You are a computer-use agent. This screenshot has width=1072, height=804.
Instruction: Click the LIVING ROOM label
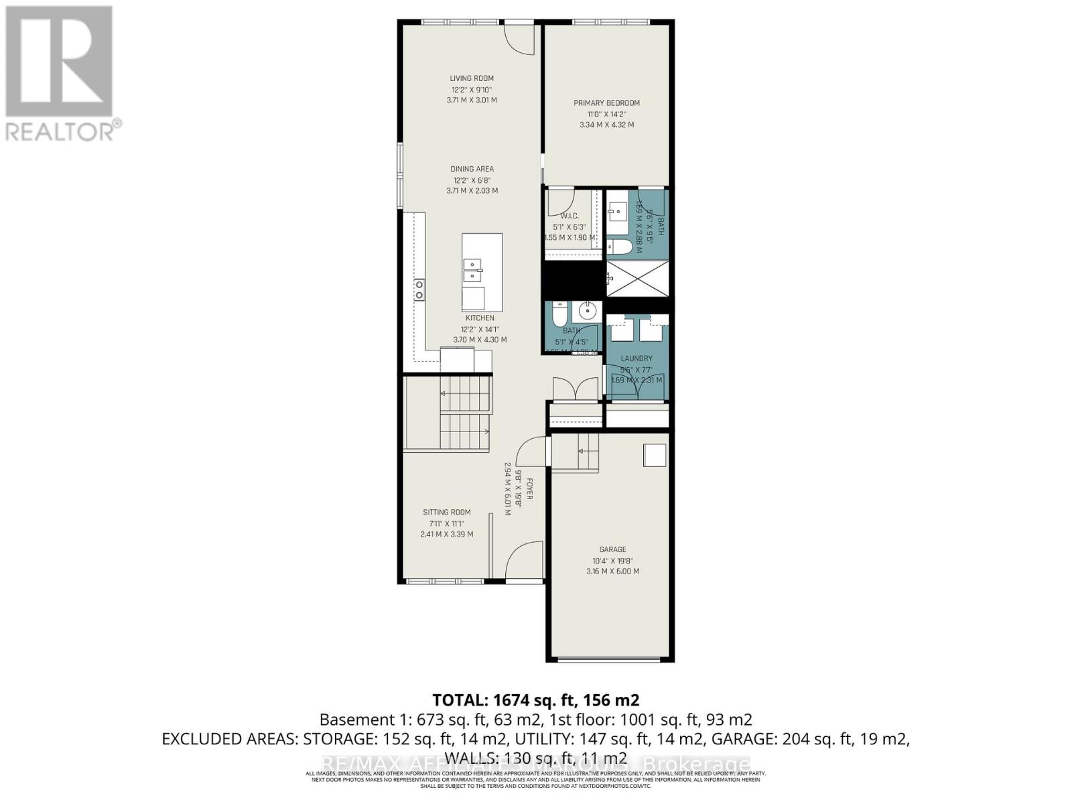coord(472,78)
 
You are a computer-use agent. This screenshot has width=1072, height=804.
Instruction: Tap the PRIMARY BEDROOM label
coord(606,103)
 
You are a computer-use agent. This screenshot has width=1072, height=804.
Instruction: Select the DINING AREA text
coord(472,169)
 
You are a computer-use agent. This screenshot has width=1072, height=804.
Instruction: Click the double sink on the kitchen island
coord(473,270)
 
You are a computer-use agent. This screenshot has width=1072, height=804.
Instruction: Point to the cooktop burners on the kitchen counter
coord(419,289)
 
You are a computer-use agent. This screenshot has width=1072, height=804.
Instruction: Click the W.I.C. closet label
coord(569,216)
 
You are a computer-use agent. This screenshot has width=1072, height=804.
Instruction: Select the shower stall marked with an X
coord(637,278)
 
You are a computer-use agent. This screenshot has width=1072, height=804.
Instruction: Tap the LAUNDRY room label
coord(636,358)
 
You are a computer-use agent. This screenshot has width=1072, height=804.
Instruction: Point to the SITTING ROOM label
coord(446,513)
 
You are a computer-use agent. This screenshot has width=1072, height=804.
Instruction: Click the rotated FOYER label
coord(529,488)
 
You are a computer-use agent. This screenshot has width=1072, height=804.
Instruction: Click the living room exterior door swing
coord(519,39)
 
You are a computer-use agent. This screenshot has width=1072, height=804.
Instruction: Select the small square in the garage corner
coord(655,456)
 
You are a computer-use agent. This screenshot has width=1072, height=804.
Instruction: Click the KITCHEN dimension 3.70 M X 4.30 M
coord(480,340)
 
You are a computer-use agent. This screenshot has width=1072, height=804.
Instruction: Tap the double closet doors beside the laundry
coord(575,389)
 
